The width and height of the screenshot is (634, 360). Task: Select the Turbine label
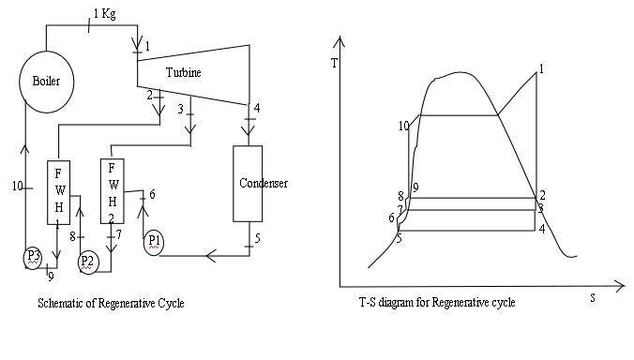pyautogui.click(x=184, y=72)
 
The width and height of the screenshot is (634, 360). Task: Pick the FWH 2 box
pyautogui.click(x=113, y=187)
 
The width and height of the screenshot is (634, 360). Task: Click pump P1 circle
pyautogui.click(x=155, y=242)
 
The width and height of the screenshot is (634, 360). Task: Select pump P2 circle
pyautogui.click(x=87, y=260)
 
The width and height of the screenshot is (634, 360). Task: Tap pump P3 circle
pyautogui.click(x=34, y=256)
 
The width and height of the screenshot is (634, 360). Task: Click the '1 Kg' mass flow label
pyautogui.click(x=105, y=14)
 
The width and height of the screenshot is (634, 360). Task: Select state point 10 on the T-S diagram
pyautogui.click(x=402, y=126)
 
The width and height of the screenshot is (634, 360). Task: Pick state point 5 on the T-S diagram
pyautogui.click(x=399, y=238)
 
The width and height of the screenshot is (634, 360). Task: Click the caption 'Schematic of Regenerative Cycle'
pyautogui.click(x=111, y=304)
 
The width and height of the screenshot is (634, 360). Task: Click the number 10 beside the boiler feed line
pyautogui.click(x=16, y=187)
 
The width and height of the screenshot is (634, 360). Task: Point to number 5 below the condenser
pyautogui.click(x=257, y=239)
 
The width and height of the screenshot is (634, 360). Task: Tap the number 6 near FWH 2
pyautogui.click(x=152, y=193)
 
